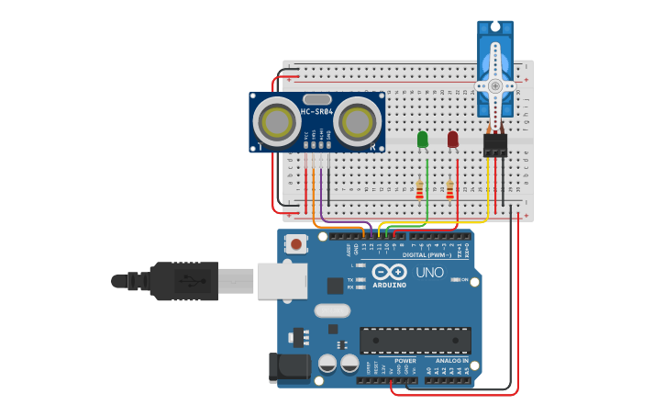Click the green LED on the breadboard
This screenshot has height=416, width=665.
[422, 140]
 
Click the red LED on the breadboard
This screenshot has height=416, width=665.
[452, 140]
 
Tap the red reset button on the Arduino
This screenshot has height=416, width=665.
[297, 244]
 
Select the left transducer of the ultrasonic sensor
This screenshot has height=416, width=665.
[275, 121]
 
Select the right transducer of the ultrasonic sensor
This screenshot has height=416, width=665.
[357, 121]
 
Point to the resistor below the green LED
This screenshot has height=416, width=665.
[420, 190]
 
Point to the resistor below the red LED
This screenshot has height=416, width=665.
[450, 190]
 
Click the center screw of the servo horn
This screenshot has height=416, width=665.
[495, 85]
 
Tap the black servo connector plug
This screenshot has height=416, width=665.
[495, 145]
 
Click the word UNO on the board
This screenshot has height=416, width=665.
[430, 273]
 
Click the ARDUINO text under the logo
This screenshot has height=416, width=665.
[389, 286]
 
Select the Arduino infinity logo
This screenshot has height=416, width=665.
[389, 273]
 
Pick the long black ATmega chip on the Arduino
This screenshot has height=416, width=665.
[415, 340]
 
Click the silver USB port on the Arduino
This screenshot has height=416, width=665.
[281, 281]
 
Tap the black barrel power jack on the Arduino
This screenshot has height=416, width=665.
[286, 367]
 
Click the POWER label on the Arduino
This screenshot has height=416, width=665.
[405, 361]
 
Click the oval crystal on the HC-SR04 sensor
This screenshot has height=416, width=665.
[316, 99]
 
